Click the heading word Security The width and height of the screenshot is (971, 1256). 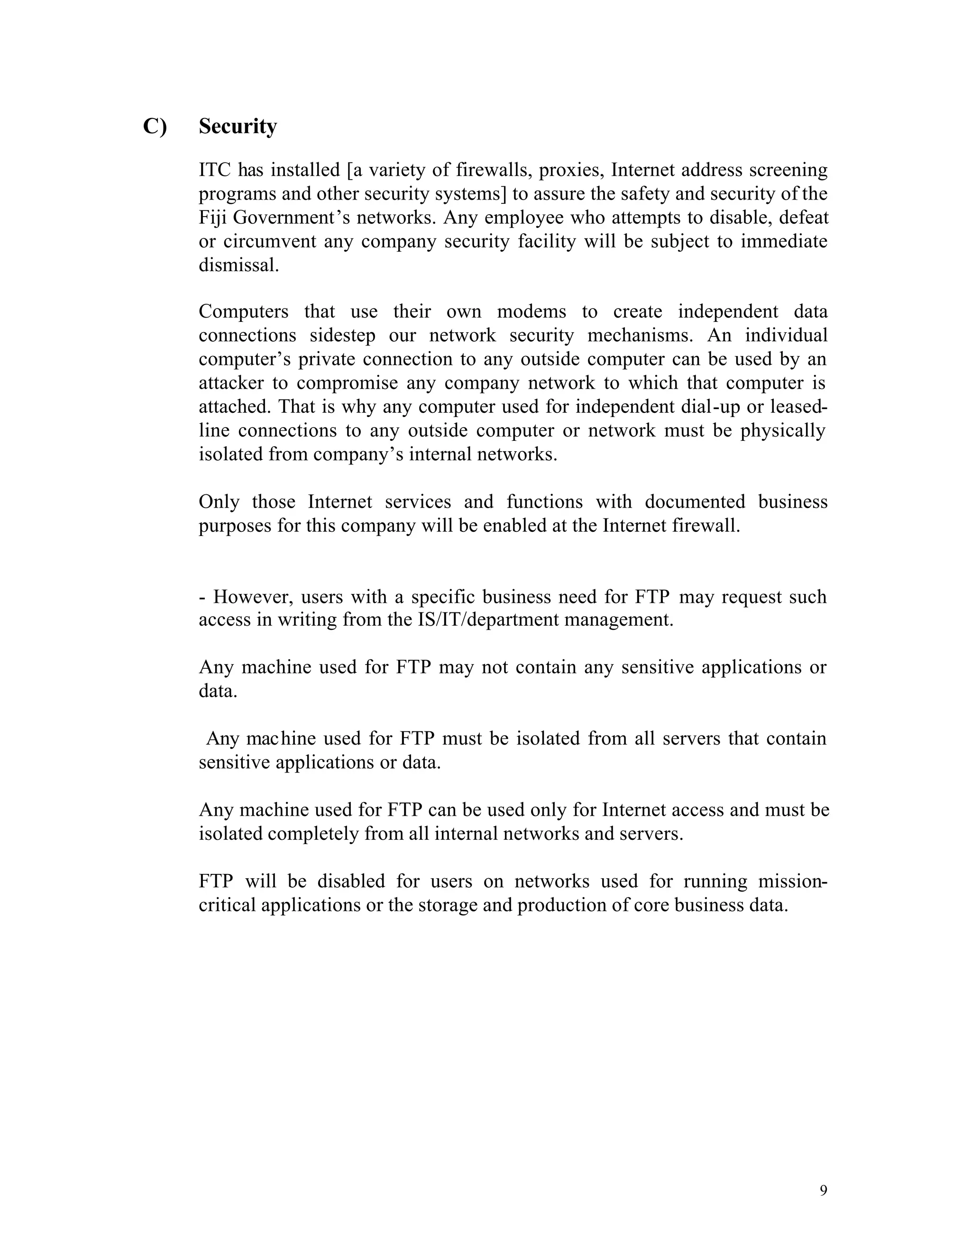[238, 127]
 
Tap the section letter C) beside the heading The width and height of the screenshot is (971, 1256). [154, 127]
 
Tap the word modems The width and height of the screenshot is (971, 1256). [531, 312]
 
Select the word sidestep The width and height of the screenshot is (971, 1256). [342, 335]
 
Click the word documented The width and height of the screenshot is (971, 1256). [694, 502]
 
